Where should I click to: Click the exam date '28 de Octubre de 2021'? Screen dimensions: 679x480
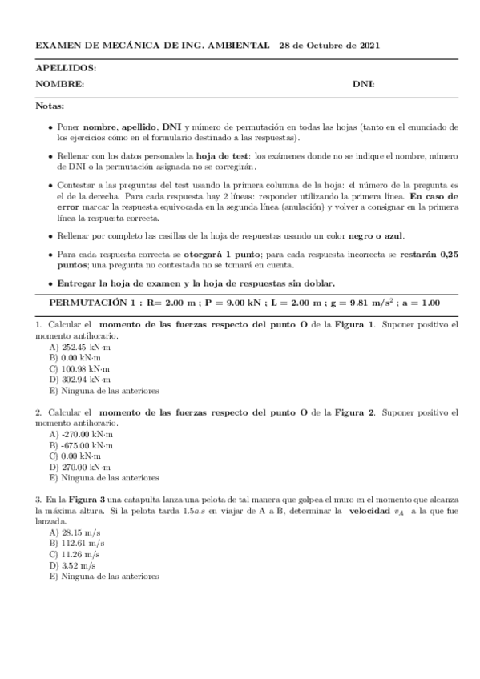[323, 46]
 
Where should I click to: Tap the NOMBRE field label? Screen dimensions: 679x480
[60, 84]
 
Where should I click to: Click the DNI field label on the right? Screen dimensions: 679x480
[364, 84]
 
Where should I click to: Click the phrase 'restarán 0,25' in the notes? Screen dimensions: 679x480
[430, 254]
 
